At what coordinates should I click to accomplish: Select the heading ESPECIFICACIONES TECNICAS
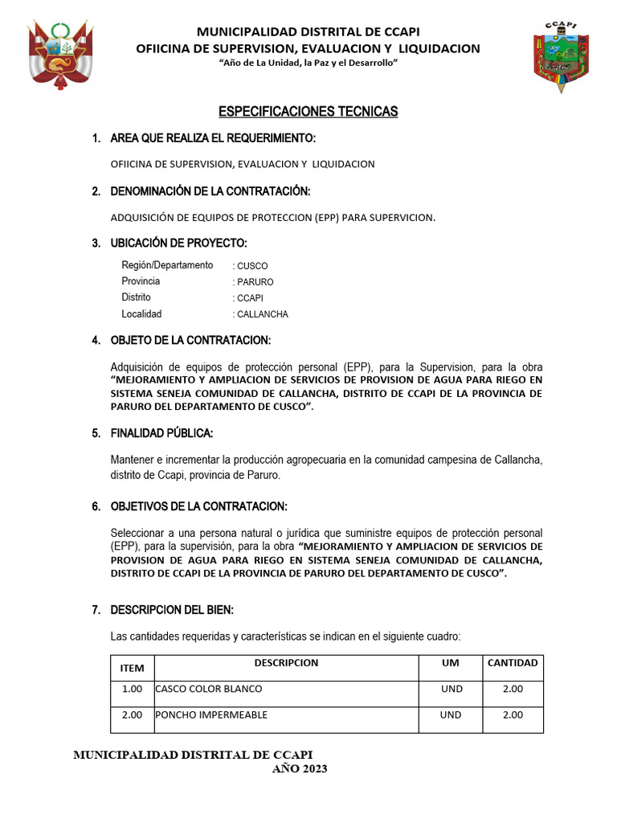pyautogui.click(x=308, y=112)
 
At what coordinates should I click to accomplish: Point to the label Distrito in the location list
pyautogui.click(x=136, y=297)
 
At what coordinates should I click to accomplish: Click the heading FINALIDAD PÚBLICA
pyautogui.click(x=161, y=434)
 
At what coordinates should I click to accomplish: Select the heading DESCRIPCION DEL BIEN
pyautogui.click(x=172, y=610)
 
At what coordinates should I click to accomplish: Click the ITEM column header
pyautogui.click(x=132, y=669)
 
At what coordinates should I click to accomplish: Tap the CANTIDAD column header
pyautogui.click(x=513, y=663)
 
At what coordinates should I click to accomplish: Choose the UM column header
pyautogui.click(x=451, y=663)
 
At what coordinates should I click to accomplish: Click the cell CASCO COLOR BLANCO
pyautogui.click(x=209, y=689)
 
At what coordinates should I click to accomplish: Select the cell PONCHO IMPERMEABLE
pyautogui.click(x=211, y=714)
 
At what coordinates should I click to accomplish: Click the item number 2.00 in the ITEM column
pyautogui.click(x=132, y=714)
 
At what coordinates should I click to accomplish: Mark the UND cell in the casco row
pyautogui.click(x=451, y=689)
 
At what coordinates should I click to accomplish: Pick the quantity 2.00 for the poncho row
pyautogui.click(x=513, y=714)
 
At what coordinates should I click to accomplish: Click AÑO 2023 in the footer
pyautogui.click(x=300, y=769)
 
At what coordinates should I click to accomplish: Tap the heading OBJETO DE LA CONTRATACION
pyautogui.click(x=190, y=340)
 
